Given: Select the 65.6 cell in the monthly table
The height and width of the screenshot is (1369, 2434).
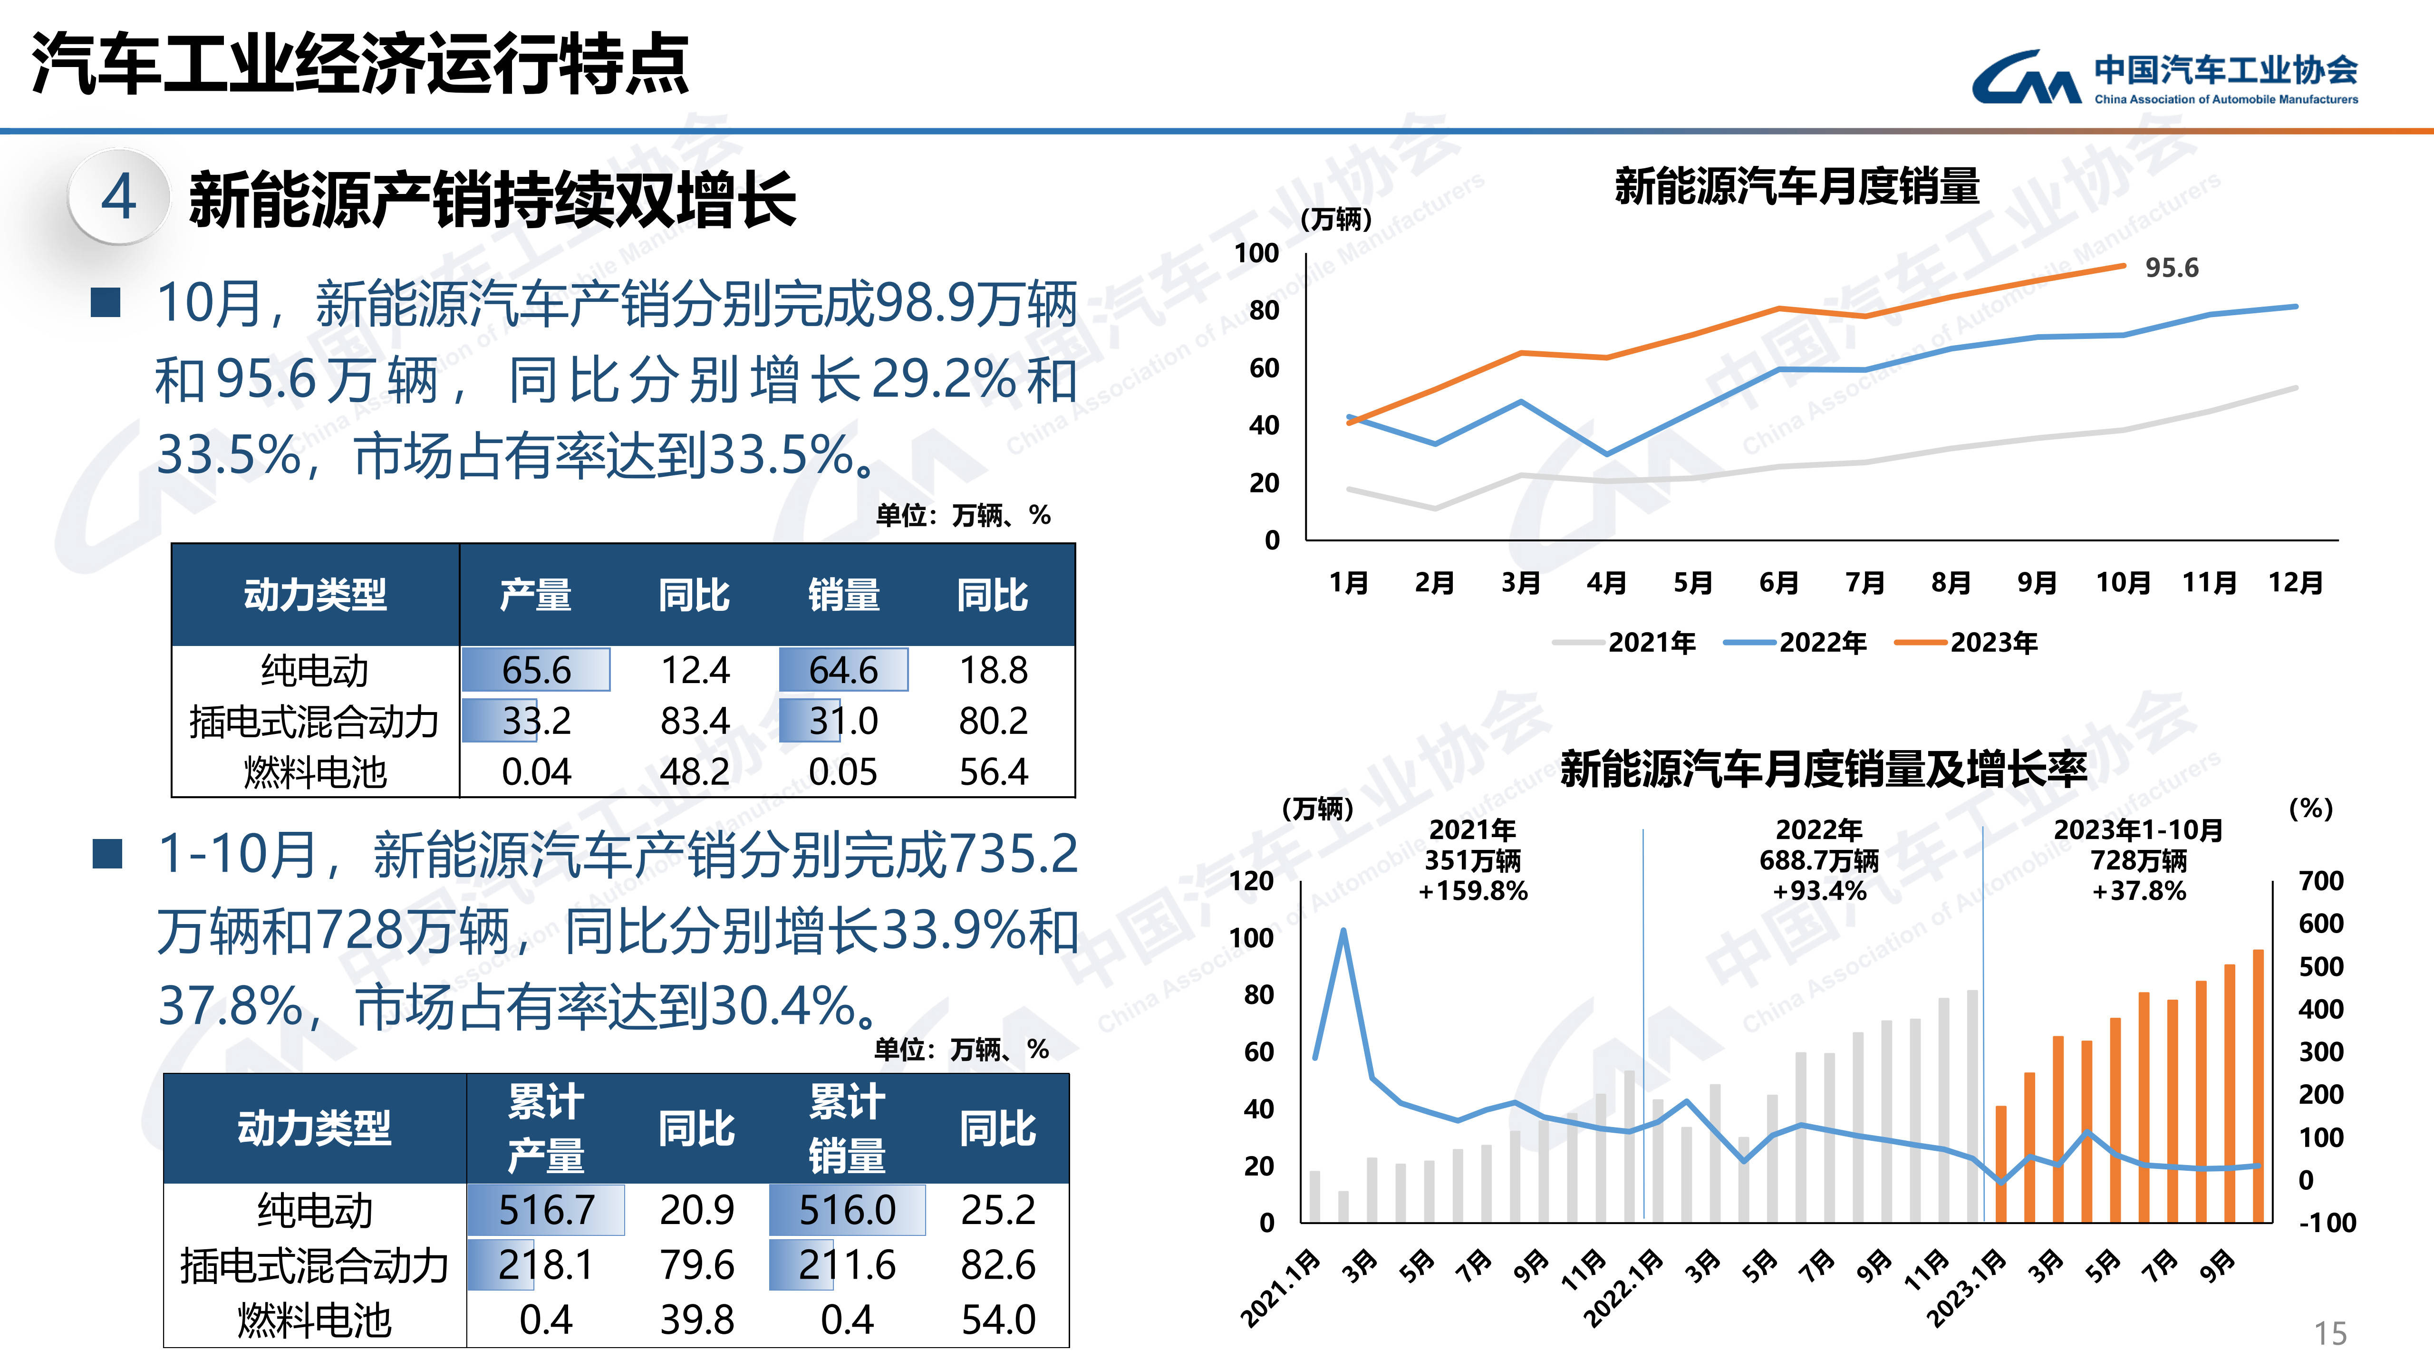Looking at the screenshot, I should click(x=536, y=670).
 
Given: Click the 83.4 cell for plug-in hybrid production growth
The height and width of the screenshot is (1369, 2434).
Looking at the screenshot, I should click(x=695, y=721).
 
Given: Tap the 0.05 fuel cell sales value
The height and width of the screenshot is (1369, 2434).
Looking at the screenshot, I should click(x=843, y=772).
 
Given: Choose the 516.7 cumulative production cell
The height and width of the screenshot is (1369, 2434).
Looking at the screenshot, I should click(x=546, y=1209).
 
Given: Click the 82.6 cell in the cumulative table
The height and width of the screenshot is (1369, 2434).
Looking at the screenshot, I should click(x=998, y=1264).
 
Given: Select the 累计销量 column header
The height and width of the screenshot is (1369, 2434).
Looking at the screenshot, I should click(x=847, y=1128).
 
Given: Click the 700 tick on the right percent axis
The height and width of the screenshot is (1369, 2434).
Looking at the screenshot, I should click(x=2320, y=880).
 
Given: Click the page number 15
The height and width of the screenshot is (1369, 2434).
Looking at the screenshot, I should click(x=2330, y=1333).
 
